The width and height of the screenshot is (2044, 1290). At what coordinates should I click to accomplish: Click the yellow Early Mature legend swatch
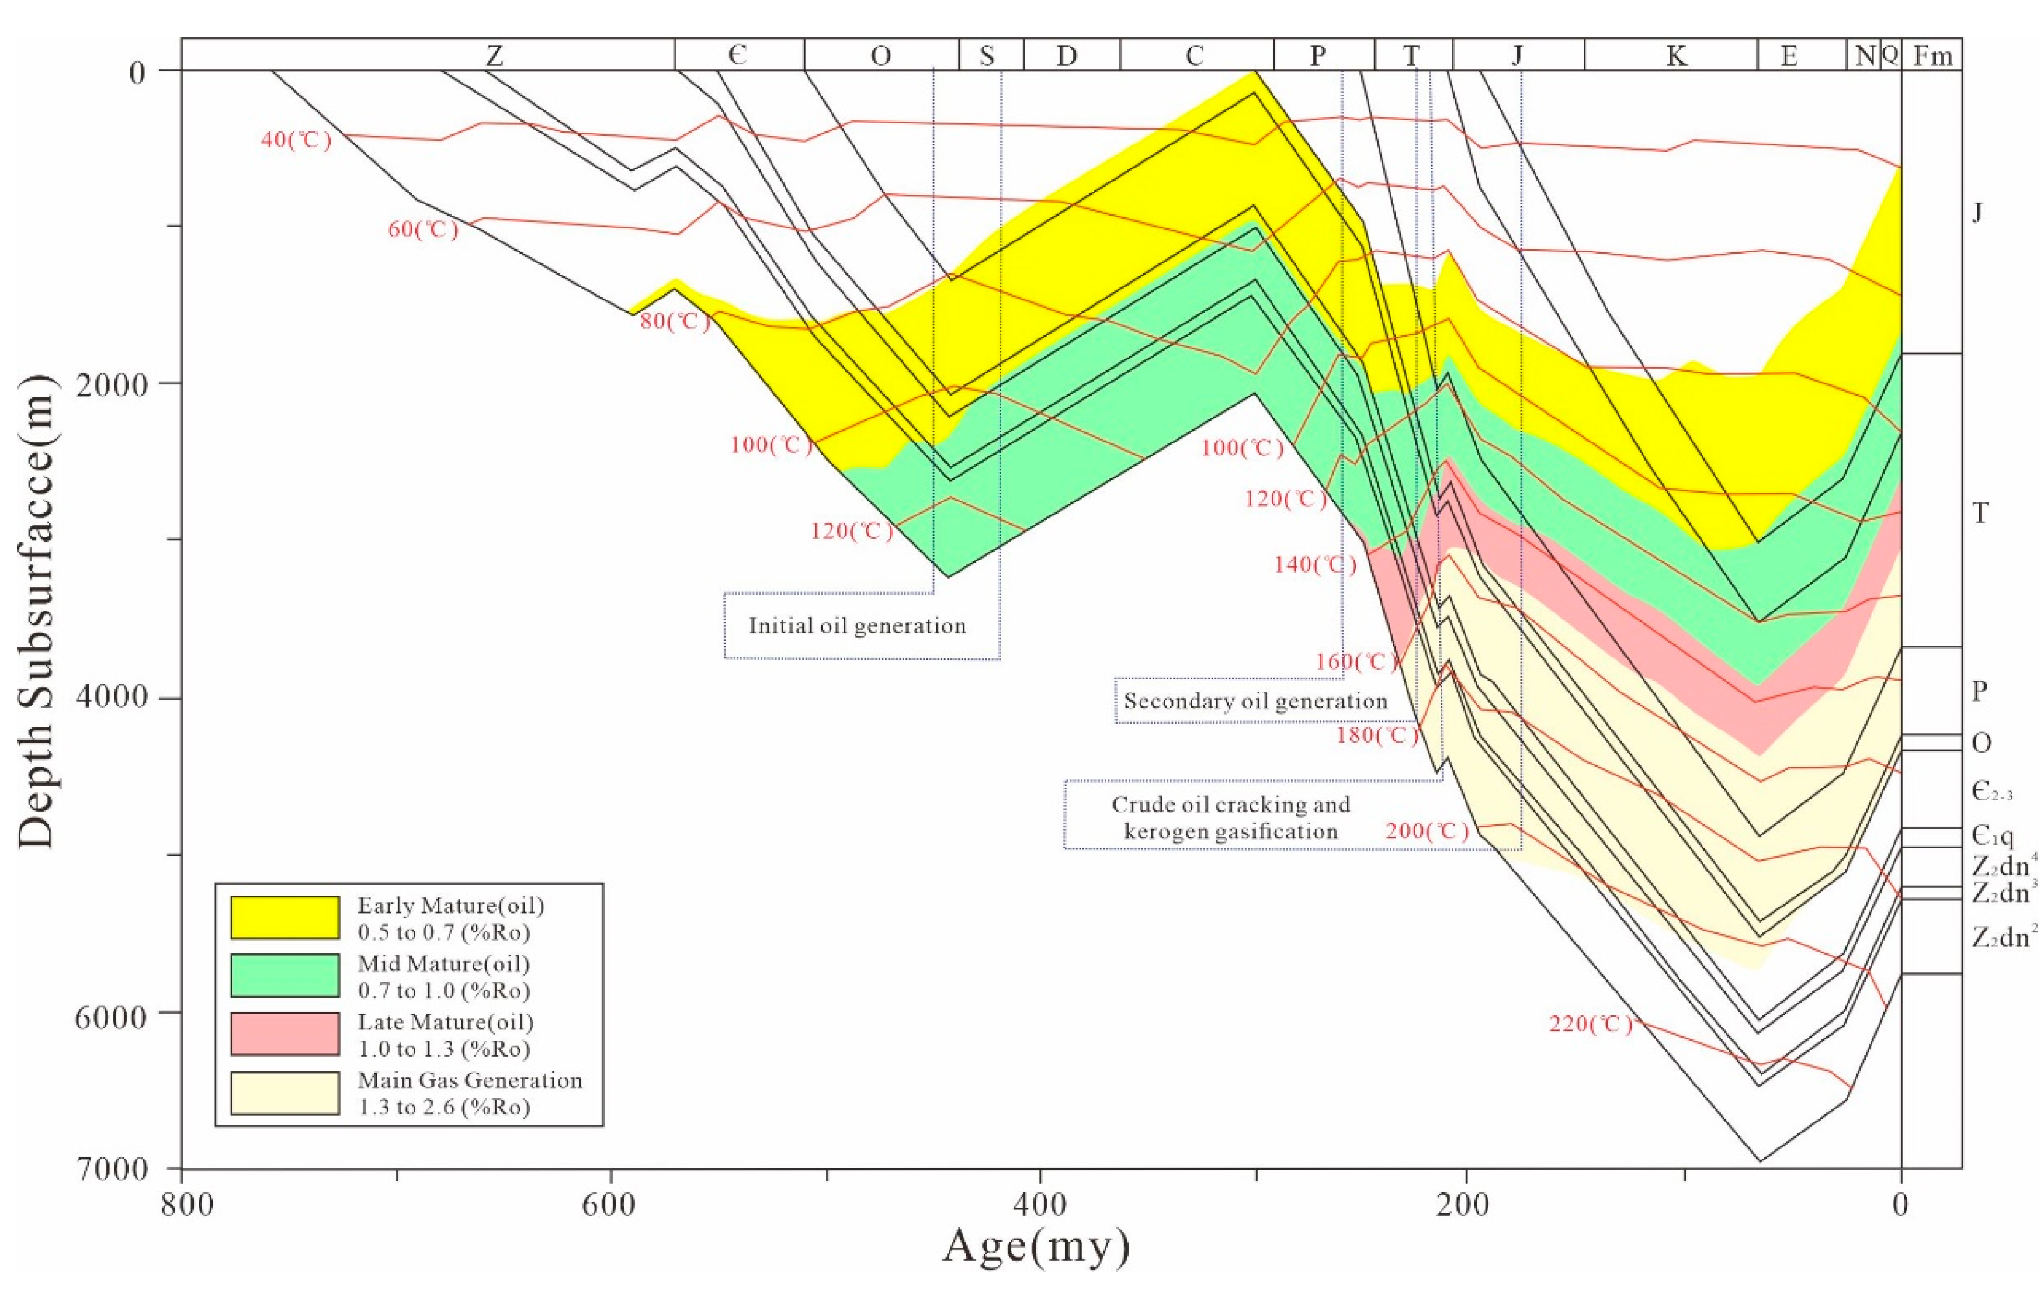[284, 917]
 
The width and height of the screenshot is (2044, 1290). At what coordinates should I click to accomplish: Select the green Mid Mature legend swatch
[284, 976]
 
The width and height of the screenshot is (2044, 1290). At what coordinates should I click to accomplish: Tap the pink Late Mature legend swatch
[284, 1034]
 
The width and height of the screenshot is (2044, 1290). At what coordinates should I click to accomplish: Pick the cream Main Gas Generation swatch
[284, 1093]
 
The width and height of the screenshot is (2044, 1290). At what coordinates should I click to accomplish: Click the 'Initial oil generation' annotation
[858, 626]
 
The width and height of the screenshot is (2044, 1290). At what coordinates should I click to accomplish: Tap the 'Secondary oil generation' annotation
[1255, 701]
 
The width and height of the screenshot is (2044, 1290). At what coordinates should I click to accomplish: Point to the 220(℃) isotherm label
[1591, 1024]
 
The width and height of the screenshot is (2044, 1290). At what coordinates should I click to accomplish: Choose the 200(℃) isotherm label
[1428, 831]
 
